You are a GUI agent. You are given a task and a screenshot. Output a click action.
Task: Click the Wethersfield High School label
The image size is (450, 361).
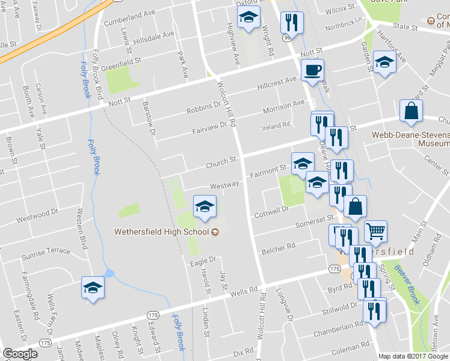point(162,232)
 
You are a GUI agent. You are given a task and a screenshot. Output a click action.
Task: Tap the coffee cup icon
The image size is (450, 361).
point(312,70)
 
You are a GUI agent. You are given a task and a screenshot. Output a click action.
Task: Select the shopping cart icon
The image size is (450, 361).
point(375,231)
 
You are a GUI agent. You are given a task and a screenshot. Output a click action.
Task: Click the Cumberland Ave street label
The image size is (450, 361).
point(129,19)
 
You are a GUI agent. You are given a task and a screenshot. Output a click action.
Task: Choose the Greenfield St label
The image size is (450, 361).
point(120,64)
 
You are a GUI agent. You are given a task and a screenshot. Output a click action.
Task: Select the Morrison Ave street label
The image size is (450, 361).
point(284,107)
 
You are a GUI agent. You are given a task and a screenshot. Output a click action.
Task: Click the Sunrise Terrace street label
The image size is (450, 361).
point(47,250)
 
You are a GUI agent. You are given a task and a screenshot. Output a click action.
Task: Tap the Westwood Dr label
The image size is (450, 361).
point(37,214)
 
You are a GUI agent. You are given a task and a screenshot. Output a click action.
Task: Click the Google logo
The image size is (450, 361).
point(20,353)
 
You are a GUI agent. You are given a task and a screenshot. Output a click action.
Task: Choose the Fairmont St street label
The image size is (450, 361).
point(267,171)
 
